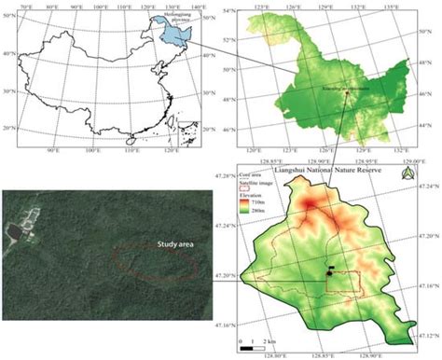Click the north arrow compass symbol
406,173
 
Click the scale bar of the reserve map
256,337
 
